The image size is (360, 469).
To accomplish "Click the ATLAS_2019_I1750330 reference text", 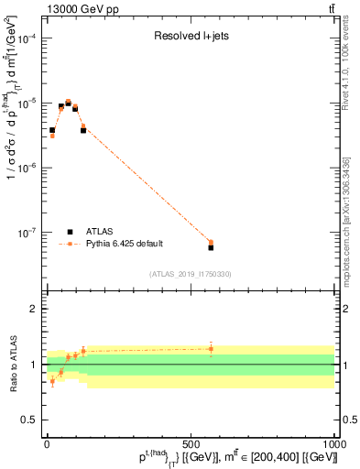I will tap(190, 274).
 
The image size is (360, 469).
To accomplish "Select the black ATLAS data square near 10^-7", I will tap(211, 247).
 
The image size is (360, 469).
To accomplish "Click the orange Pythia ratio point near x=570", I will tap(211, 349).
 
